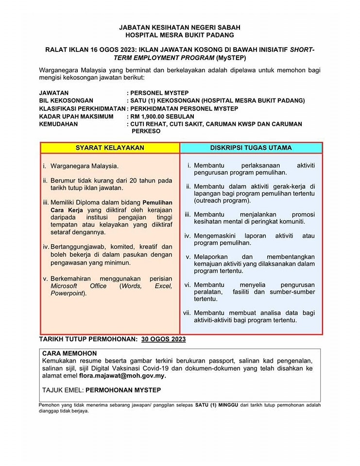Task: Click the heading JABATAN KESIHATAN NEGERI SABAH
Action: click(179, 28)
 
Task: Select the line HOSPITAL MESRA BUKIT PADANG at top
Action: click(179, 35)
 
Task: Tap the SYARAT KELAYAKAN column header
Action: click(110, 148)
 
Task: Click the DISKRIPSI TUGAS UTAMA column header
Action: click(251, 148)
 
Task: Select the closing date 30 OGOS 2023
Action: click(163, 339)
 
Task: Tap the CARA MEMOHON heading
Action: click(69, 353)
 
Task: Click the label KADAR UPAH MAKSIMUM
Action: click(76, 116)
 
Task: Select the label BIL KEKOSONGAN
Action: click(66, 100)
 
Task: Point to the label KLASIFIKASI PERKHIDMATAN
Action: click(82, 108)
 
